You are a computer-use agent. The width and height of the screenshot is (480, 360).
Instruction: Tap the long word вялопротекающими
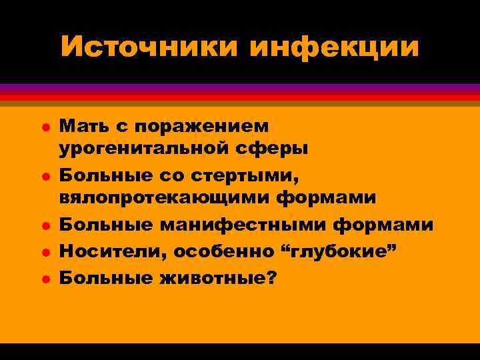point(165,198)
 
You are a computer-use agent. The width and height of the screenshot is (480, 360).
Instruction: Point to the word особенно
point(213,251)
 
